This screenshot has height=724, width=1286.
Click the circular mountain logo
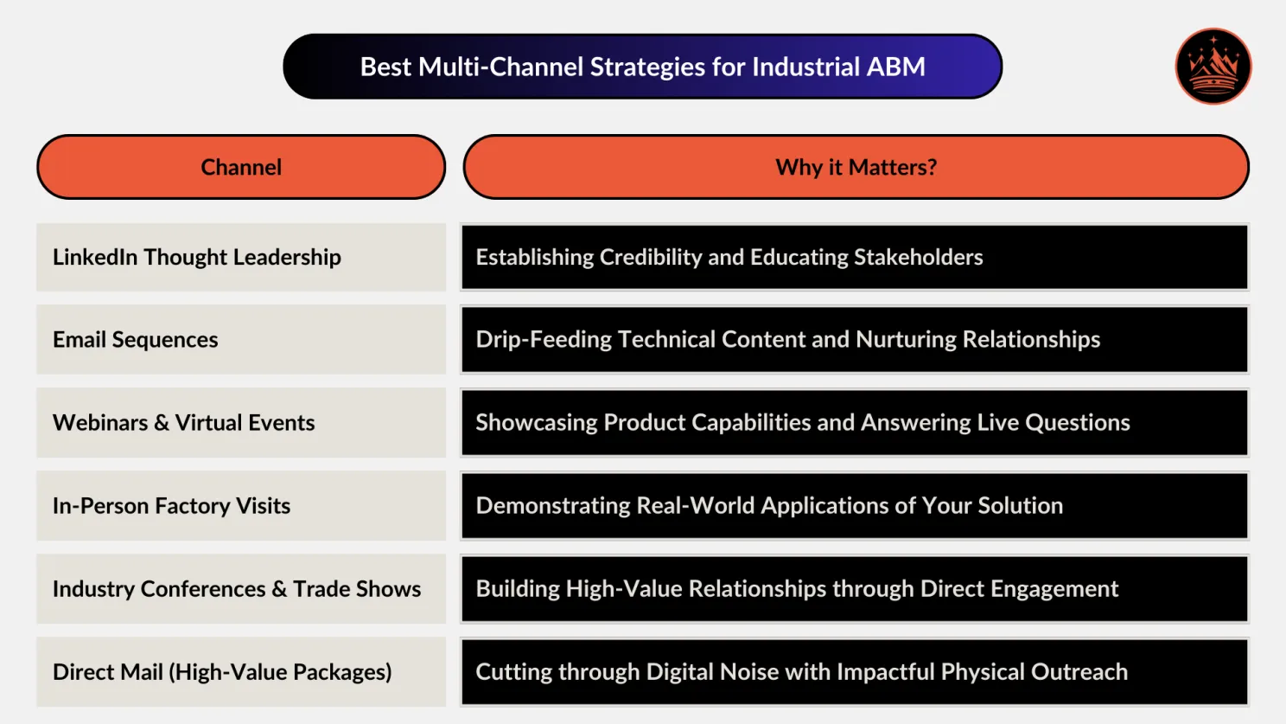pos(1213,67)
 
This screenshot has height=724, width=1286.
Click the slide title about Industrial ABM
pos(642,67)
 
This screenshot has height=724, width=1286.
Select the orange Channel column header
pos(241,167)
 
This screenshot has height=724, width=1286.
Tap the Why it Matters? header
pos(856,167)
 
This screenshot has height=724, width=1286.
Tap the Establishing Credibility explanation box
pos(854,257)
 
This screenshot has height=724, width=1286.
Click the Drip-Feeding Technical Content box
pos(854,340)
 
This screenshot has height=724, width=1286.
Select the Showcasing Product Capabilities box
pos(854,423)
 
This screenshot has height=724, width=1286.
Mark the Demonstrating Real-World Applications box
pos(854,506)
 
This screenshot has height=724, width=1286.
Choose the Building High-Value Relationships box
pos(854,589)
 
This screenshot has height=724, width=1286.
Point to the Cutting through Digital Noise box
pos(854,672)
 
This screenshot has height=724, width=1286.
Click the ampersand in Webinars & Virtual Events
pos(162,423)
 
